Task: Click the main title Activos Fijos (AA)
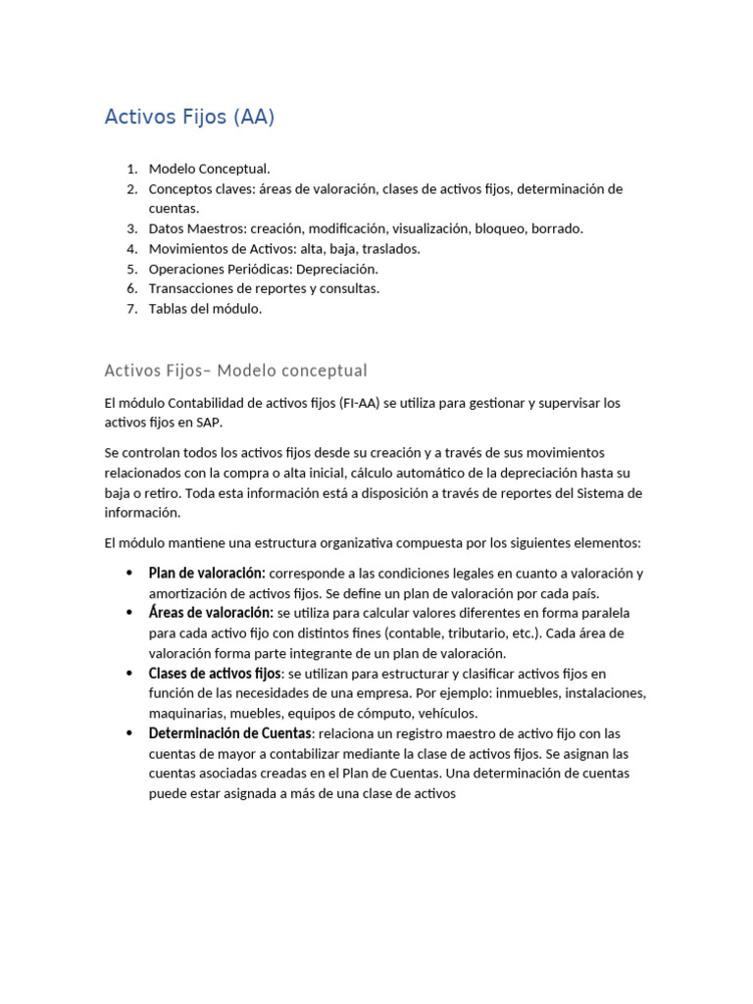click(x=189, y=118)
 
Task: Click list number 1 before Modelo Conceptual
click(x=131, y=170)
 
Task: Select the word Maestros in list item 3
click(x=215, y=228)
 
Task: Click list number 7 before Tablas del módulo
click(x=131, y=309)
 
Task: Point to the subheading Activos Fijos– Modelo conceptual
click(x=235, y=371)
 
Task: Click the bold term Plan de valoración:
click(x=207, y=574)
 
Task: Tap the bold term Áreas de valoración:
click(x=211, y=613)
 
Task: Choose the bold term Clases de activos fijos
click(x=215, y=674)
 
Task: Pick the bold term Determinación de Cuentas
click(x=229, y=733)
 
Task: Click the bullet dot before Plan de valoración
click(x=129, y=574)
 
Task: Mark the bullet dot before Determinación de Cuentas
click(x=129, y=733)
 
